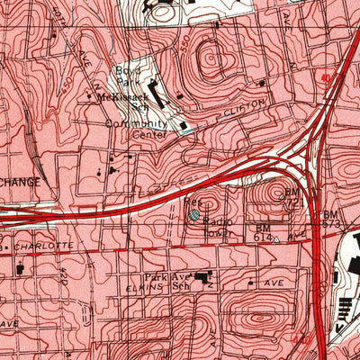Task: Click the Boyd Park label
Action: click(x=124, y=73)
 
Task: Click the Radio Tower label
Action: click(x=218, y=226)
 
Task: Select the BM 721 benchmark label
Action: click(x=292, y=199)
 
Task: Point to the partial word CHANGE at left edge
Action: click(x=20, y=181)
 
